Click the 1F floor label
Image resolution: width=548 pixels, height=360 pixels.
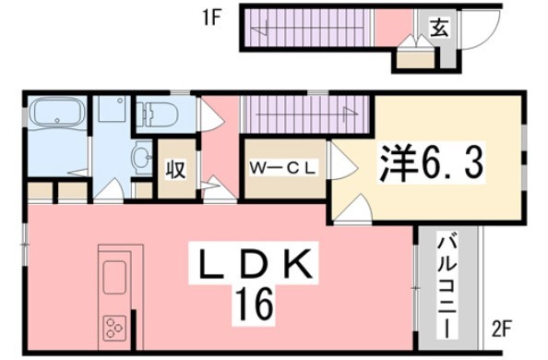[x=212, y=18]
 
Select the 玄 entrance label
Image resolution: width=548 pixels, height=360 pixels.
[x=438, y=28]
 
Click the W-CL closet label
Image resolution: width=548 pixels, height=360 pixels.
[x=282, y=169]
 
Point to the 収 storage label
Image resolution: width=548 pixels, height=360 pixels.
[x=175, y=169]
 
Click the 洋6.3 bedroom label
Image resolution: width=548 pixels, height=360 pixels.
[x=432, y=163]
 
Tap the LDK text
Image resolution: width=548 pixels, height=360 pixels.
[x=255, y=263]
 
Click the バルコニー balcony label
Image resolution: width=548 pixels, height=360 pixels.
[x=447, y=288]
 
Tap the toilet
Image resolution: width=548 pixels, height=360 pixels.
[x=157, y=114]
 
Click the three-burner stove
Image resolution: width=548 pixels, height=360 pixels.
[x=114, y=328]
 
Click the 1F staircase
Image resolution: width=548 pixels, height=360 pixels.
[x=306, y=28]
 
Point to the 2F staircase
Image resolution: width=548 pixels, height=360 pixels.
[x=306, y=114]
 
